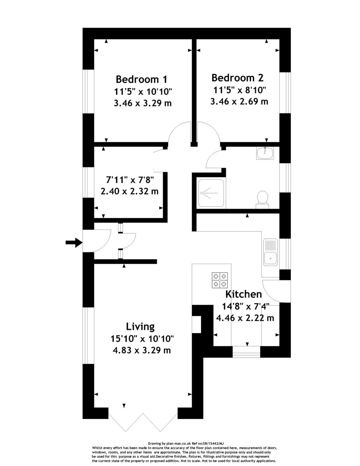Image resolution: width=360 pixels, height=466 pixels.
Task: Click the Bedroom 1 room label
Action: (141, 79)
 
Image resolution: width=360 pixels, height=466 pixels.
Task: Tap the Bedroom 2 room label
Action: (237, 78)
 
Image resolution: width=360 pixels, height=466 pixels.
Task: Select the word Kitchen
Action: (243, 294)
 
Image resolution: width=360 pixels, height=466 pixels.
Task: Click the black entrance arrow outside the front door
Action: (74, 243)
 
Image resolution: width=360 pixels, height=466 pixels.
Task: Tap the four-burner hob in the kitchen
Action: (220, 280)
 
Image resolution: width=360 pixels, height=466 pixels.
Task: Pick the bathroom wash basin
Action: (265, 153)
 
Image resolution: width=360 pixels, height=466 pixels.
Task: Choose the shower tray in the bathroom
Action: (211, 193)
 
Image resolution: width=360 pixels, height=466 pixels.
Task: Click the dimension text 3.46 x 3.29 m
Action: (143, 104)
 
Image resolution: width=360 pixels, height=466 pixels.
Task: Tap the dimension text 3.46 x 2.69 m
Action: (239, 101)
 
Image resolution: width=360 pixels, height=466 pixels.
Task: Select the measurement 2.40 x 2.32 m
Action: (130, 191)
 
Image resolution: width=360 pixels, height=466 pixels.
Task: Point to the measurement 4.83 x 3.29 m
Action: (142, 350)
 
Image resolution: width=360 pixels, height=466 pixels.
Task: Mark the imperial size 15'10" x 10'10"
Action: (142, 339)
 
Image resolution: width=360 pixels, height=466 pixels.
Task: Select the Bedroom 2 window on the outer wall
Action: (285, 92)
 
